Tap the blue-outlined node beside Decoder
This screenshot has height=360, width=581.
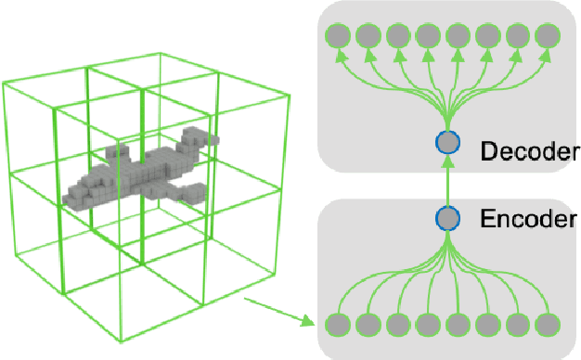tap(448, 143)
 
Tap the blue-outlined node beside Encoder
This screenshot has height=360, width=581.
tap(448, 218)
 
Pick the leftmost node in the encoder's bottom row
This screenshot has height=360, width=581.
tap(338, 326)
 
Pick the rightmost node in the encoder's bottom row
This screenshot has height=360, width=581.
tap(549, 326)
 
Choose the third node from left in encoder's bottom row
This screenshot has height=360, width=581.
tap(398, 326)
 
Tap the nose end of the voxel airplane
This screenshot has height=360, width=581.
tap(69, 198)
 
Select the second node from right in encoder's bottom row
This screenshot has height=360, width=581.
tap(519, 326)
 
